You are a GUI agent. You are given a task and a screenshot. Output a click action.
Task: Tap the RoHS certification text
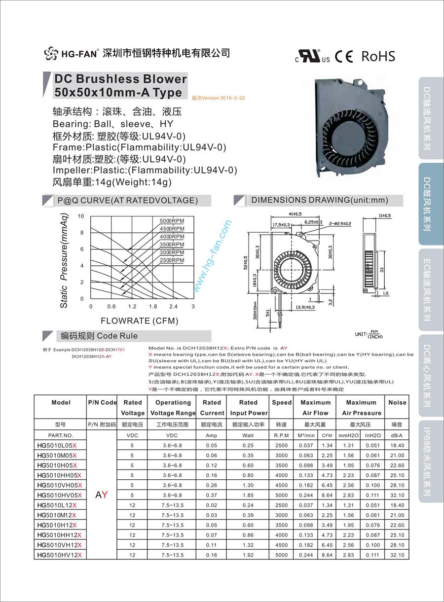pyautogui.click(x=378, y=56)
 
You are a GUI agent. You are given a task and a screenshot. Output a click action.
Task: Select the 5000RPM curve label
pyautogui.click(x=172, y=221)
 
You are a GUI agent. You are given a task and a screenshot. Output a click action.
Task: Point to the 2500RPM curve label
pyautogui.click(x=172, y=260)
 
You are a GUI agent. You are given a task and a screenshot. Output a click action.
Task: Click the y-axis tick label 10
pyautogui.click(x=81, y=216)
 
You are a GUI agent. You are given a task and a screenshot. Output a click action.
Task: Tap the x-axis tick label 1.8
pyautogui.click(x=152, y=307)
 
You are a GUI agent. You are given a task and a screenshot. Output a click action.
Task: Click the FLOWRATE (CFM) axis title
pyautogui.click(x=140, y=321)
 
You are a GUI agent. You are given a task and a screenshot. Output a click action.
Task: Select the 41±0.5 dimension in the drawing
pyautogui.click(x=295, y=214)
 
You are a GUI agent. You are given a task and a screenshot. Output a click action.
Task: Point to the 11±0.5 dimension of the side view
pyautogui.click(x=384, y=215)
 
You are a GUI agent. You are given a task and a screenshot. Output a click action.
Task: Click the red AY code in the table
pyautogui.click(x=101, y=495)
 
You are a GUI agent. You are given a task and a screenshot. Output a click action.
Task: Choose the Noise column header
pyautogui.click(x=397, y=402)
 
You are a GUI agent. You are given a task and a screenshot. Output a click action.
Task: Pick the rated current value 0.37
pyautogui.click(x=212, y=495)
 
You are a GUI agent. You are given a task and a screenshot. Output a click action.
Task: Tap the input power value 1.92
pyautogui.click(x=248, y=555)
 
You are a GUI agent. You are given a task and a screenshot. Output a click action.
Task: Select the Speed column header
pyautogui.click(x=282, y=402)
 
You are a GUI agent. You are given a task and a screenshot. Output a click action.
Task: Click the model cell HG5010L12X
pyautogui.click(x=59, y=505)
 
